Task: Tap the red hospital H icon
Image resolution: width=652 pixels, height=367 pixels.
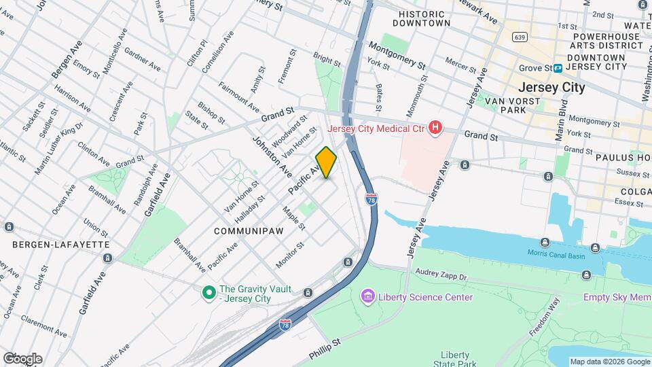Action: pos(435,128)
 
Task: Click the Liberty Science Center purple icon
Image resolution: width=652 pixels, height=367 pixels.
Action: pos(367,297)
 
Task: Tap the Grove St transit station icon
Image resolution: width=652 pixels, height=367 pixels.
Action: pos(558,68)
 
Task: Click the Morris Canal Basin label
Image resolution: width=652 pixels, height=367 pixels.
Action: pos(556,253)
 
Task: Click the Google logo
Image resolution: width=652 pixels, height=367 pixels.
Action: pos(22,359)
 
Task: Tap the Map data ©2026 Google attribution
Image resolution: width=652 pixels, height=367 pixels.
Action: pos(609,362)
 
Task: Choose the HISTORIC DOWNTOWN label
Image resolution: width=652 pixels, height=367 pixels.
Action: pos(424,18)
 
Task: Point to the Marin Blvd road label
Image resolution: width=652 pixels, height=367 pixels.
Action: pos(562,121)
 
